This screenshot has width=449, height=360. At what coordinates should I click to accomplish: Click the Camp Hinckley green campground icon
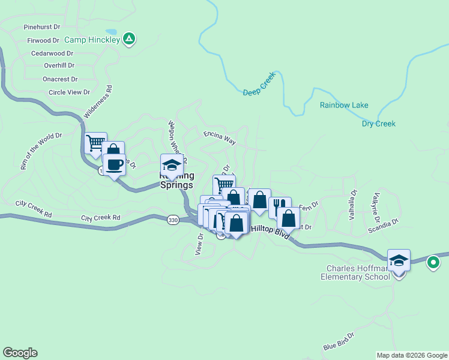tap(128, 40)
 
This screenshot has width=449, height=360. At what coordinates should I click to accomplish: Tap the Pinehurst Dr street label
tap(42, 27)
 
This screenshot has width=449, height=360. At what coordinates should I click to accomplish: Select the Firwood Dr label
tap(43, 40)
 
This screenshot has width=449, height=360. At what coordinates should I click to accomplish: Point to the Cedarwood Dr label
tap(52, 53)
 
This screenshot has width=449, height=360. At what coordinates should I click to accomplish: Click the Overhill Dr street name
tap(59, 65)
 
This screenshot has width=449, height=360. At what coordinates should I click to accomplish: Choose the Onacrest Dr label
tap(60, 79)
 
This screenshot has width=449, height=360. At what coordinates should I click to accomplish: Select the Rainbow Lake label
tap(344, 105)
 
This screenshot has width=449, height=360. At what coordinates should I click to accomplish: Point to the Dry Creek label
tap(378, 124)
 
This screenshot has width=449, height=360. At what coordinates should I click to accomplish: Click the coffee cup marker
tap(114, 165)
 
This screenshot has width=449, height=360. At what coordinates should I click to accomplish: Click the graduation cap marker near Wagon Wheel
tap(172, 165)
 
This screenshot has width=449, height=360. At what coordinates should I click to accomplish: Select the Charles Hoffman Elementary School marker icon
tap(399, 260)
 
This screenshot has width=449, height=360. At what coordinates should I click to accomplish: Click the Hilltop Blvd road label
tap(270, 229)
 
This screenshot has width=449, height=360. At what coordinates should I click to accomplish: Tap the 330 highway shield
tap(173, 221)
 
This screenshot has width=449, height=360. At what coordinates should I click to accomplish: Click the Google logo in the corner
tap(20, 353)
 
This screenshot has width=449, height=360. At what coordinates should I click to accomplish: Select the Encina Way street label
tap(219, 139)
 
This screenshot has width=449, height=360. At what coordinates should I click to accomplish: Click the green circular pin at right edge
tap(433, 262)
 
